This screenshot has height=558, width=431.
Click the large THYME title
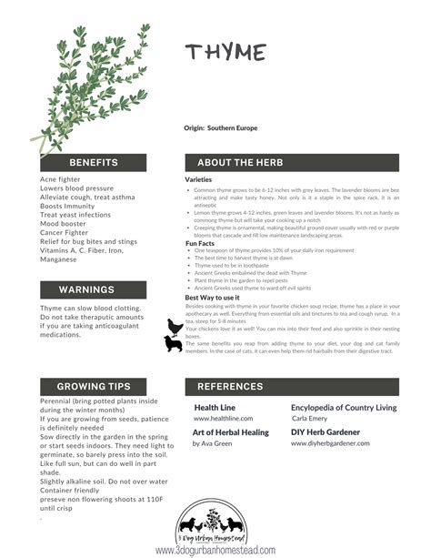[x=226, y=54]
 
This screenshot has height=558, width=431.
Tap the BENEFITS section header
[x=94, y=163]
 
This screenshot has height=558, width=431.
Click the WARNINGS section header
[x=86, y=289]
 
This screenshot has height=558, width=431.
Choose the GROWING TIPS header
[x=94, y=387]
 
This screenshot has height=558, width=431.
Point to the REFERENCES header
[x=230, y=387]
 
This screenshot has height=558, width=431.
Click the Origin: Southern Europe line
[x=220, y=128]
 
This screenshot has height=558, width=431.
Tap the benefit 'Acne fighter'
[x=60, y=179]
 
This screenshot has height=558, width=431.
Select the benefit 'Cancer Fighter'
[x=65, y=231]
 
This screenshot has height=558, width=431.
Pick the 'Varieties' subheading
[x=198, y=180]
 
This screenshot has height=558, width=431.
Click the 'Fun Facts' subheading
[x=199, y=243]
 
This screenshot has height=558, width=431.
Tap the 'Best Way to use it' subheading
[x=212, y=298]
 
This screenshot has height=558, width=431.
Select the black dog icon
[x=173, y=345]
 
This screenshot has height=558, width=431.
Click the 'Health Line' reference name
[x=215, y=408]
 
